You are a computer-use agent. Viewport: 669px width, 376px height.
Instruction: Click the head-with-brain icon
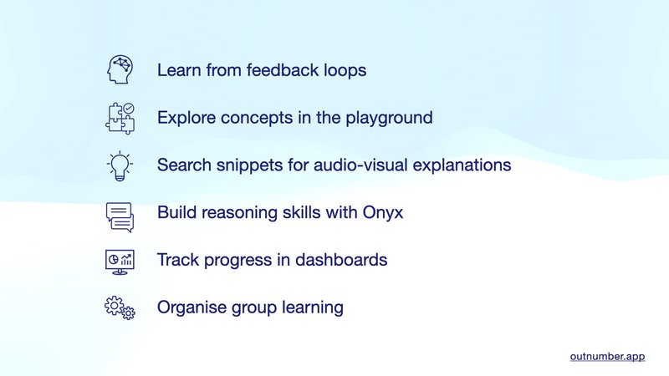(120, 70)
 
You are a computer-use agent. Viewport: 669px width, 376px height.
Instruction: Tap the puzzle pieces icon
(120, 118)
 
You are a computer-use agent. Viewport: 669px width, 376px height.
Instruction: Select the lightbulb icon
(120, 165)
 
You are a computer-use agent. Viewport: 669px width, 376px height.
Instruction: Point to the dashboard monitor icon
(120, 261)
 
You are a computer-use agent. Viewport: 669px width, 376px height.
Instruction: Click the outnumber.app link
(607, 356)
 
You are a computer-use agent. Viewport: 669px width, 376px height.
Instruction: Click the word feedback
(280, 70)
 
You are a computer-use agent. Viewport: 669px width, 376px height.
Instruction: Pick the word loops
(345, 70)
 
